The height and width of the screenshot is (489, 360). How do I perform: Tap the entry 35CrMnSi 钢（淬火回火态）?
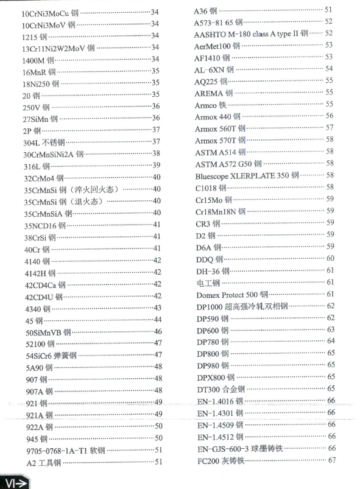tap(72, 189)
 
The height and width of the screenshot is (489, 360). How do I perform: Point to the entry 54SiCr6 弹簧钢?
tap(51, 355)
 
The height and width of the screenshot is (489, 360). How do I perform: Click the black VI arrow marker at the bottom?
tap(16, 482)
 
